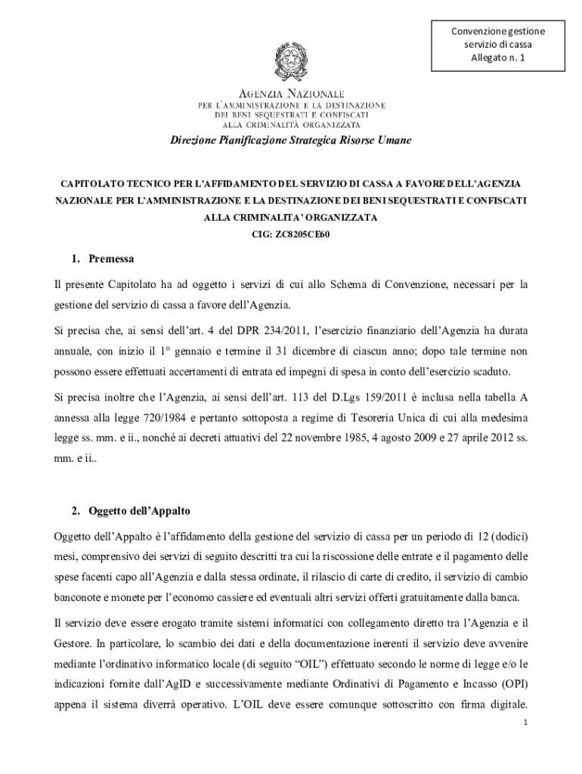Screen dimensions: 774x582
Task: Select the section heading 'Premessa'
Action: pos(111,259)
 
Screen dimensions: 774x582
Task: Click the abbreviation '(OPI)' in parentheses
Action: pos(512,684)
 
